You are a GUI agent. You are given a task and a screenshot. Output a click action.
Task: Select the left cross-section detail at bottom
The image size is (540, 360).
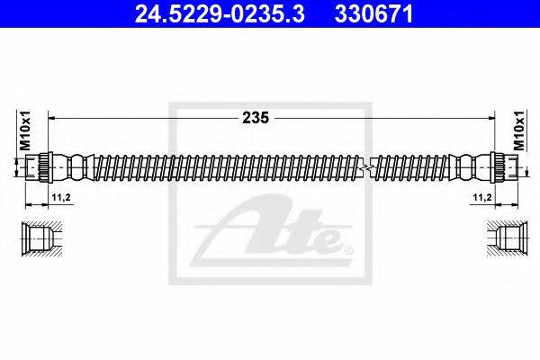click(40, 236)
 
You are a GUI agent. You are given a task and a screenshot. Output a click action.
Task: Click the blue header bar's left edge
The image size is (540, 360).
click(4, 14)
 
